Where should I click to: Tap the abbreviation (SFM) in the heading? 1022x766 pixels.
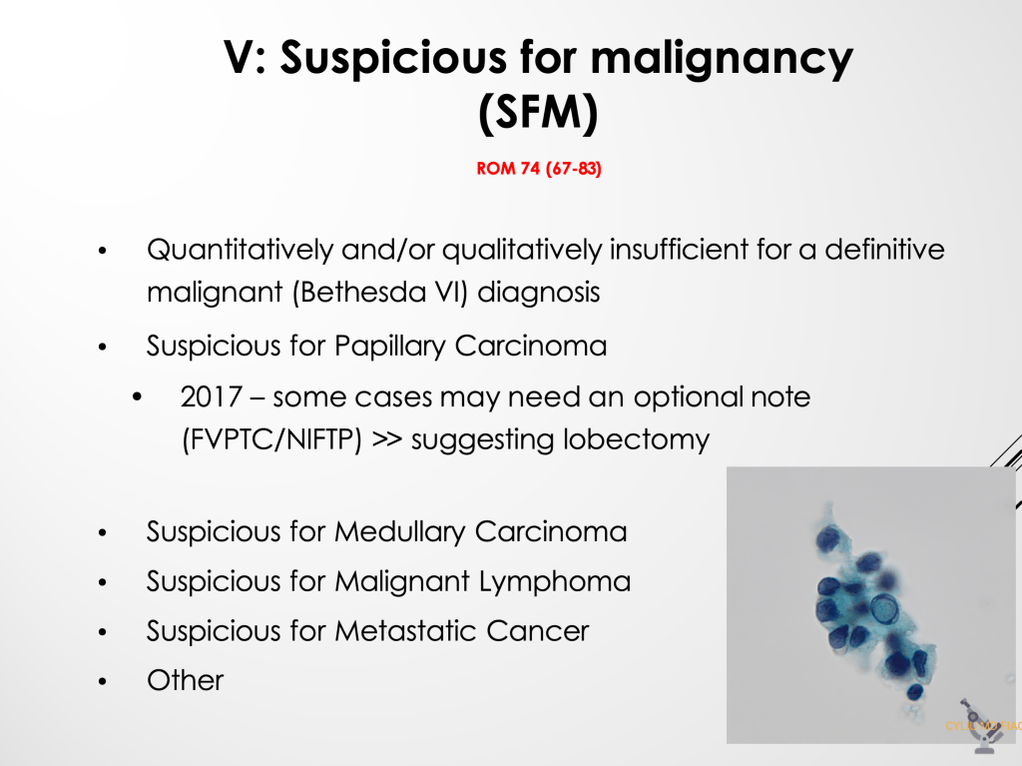pos(538,113)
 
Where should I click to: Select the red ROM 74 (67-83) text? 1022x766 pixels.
pos(538,169)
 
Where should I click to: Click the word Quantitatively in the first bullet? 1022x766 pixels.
pos(240,250)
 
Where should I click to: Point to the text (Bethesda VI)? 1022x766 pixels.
pos(380,293)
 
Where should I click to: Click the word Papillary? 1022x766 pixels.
pos(390,346)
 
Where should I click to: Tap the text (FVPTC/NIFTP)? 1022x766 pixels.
pos(271,439)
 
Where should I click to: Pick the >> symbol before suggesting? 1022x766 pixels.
pos(387,439)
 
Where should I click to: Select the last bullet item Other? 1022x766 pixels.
pos(185,680)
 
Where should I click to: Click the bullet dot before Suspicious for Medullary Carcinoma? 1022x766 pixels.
pos(102,533)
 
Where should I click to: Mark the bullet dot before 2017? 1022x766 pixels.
pos(136,397)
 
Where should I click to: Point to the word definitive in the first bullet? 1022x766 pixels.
pos(884,250)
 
